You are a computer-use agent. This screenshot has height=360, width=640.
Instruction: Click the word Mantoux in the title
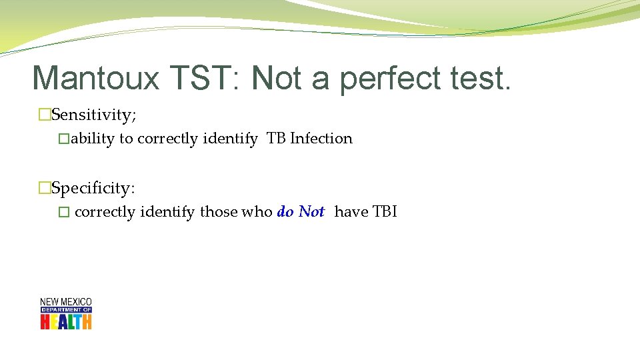pos(95,79)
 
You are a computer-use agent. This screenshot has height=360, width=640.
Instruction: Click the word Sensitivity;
pos(94,115)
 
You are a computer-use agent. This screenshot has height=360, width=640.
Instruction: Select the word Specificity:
pos(93,188)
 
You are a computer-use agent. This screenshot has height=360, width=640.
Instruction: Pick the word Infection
pos(321,139)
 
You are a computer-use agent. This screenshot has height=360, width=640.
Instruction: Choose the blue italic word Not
pos(311,212)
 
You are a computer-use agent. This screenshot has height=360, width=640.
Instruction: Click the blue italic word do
pos(285,212)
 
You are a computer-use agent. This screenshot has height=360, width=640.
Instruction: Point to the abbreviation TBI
pos(384,212)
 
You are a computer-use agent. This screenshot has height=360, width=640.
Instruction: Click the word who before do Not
pos(257,212)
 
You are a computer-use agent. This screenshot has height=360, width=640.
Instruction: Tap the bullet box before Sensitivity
pos(45,115)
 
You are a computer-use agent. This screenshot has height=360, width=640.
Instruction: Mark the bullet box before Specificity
pos(45,188)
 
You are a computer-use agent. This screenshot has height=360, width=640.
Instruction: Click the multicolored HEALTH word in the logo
pos(66,321)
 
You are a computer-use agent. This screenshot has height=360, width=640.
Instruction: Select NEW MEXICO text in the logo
pos(66,302)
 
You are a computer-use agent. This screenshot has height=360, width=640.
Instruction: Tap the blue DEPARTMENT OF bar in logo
pos(66,310)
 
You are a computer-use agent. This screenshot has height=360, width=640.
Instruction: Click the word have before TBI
pos(351,212)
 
